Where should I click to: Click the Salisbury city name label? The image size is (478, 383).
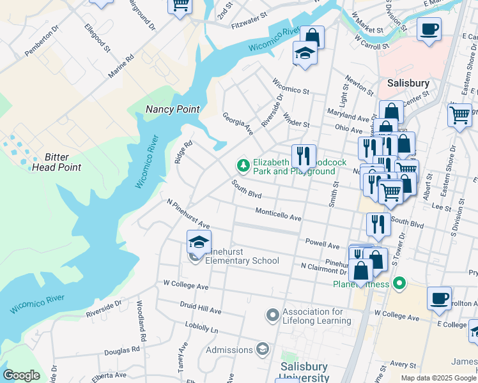(408, 83)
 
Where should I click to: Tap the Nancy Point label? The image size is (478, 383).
(172, 109)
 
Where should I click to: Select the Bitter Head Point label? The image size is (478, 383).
(63, 162)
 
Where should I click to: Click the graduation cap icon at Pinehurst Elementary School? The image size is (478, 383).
(199, 243)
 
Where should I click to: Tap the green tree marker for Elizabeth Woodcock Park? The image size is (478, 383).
(243, 166)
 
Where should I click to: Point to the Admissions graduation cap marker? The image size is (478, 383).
(262, 349)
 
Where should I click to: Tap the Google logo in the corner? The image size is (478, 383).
(20, 375)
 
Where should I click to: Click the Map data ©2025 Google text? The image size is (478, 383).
(438, 378)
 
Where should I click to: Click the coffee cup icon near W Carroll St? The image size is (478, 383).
(429, 29)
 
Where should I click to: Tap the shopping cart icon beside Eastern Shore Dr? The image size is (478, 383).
(459, 116)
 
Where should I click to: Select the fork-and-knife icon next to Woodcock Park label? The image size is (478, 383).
(304, 156)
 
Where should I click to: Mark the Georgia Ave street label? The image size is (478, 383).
(238, 124)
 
